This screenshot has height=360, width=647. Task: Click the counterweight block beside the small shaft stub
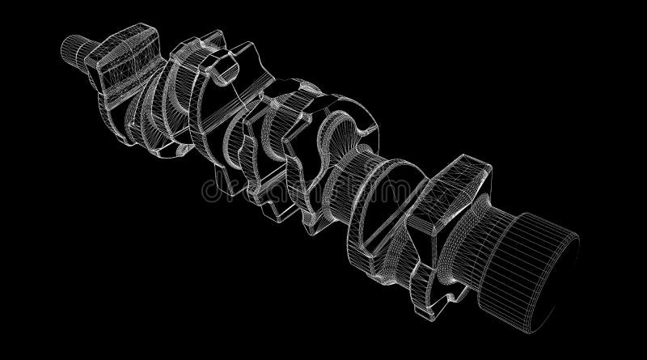click(121, 53)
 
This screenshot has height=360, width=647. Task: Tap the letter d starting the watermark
click(209, 190)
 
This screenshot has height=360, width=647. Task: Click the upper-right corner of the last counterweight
click(485, 166)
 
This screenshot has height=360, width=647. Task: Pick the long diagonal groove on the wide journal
click(380, 202)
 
